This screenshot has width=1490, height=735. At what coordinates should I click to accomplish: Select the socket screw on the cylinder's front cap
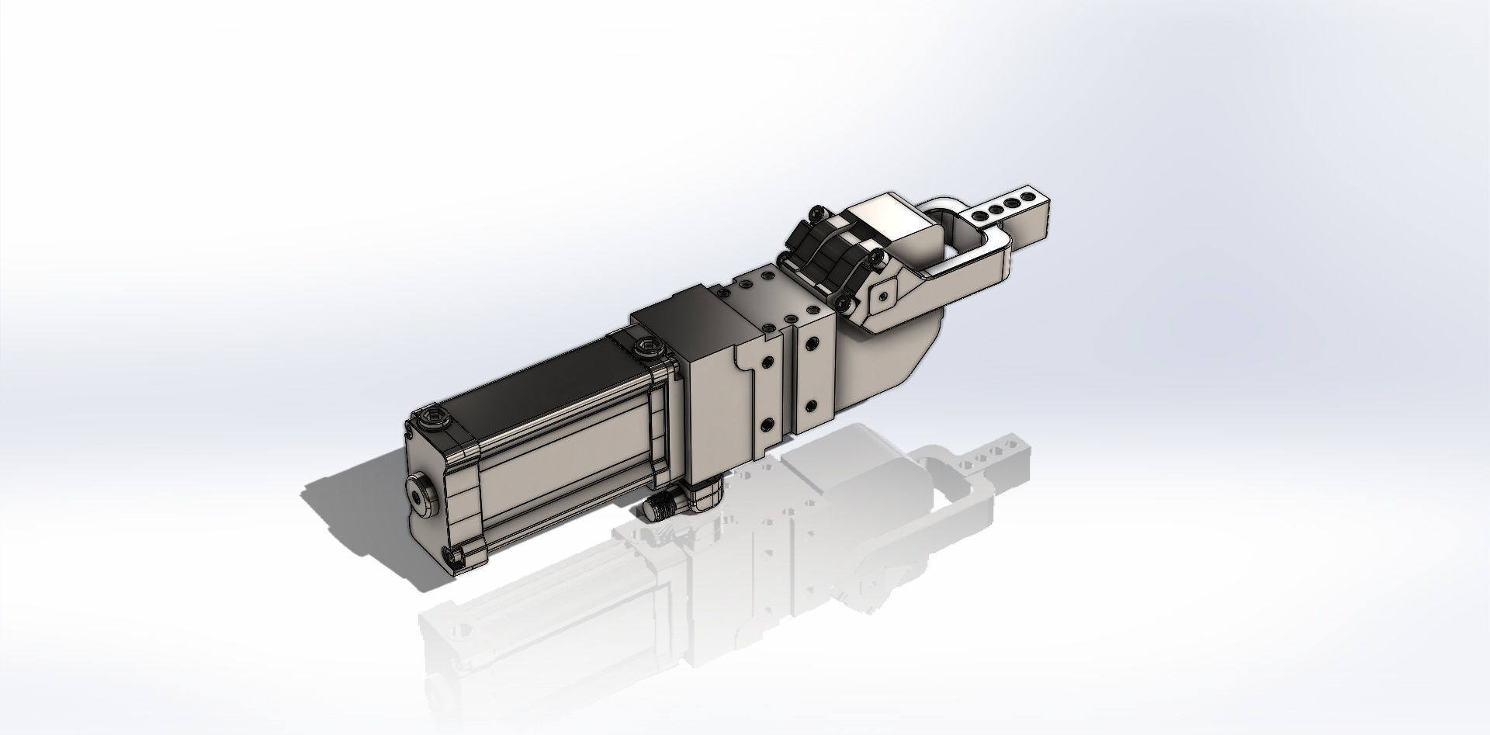coord(646,348)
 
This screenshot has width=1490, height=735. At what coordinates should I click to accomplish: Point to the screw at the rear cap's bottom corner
coord(455,553)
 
